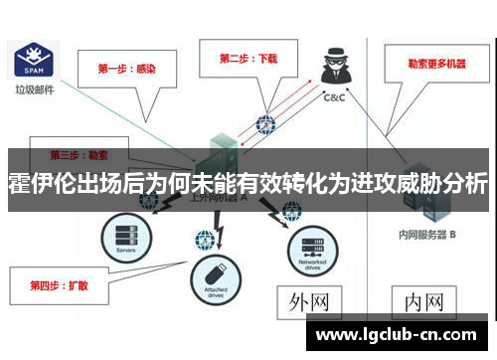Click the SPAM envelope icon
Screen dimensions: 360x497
(x=31, y=61)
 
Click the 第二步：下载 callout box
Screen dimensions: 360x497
(x=248, y=59)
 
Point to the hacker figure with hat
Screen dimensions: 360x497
(x=335, y=71)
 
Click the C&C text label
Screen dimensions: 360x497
(x=335, y=97)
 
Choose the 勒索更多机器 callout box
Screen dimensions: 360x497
(x=435, y=64)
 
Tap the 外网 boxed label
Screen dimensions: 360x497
(x=309, y=300)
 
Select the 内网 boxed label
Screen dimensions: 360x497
(x=423, y=300)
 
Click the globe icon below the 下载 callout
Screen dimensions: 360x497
(x=264, y=125)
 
